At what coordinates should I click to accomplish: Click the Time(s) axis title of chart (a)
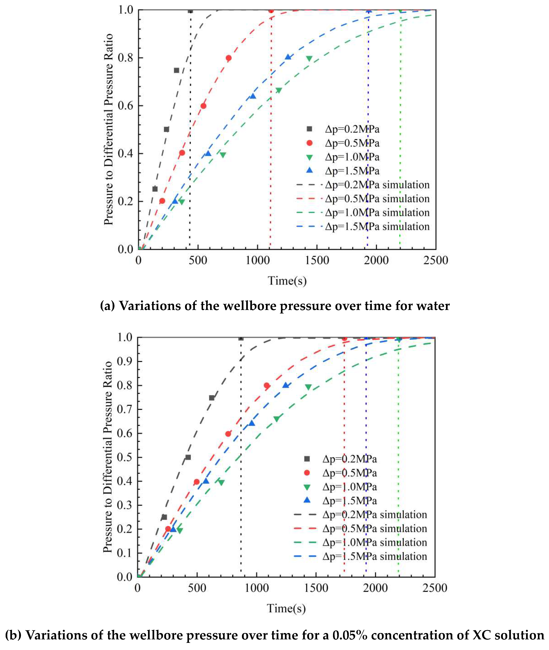click(x=287, y=281)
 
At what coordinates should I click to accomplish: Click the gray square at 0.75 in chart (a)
click(x=177, y=70)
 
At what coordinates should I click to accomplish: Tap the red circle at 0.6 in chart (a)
click(x=203, y=106)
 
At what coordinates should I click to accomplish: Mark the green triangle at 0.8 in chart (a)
click(x=309, y=59)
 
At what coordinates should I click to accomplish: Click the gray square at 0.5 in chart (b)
click(x=188, y=457)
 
